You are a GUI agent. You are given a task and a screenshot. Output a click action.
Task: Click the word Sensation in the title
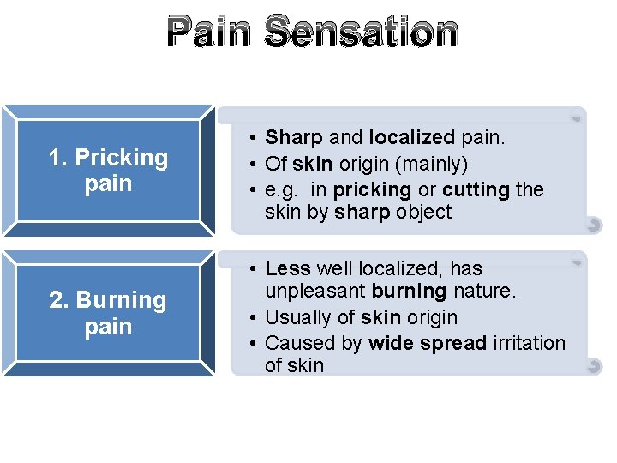tap(362, 32)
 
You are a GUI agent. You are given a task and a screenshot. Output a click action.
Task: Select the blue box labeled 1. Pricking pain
tap(108, 170)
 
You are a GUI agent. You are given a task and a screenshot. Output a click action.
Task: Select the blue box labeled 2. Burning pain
tap(108, 313)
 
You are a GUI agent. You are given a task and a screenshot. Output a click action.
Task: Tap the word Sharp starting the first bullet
tap(294, 137)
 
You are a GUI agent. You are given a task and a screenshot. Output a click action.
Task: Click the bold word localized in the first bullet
tap(411, 137)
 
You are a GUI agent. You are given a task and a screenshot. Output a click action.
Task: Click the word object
tap(423, 213)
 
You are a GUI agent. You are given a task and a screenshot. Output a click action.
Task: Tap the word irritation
tap(530, 343)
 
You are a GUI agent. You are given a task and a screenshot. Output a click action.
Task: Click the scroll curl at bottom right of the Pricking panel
tap(592, 225)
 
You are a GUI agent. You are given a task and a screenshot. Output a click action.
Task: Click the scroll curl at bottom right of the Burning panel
tap(592, 366)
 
